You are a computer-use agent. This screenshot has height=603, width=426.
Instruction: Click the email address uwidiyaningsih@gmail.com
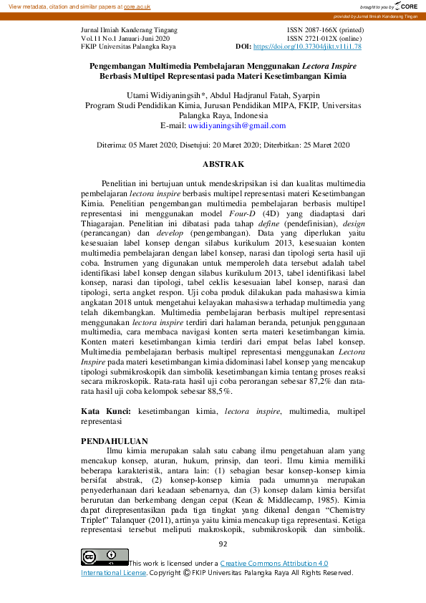236,125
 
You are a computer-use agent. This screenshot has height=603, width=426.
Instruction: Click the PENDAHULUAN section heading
115,440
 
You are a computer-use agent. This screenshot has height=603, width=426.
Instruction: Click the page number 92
223,544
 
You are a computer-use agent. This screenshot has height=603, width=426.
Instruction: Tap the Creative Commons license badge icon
105,556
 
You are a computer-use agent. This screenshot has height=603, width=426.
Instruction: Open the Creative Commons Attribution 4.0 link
274,564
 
